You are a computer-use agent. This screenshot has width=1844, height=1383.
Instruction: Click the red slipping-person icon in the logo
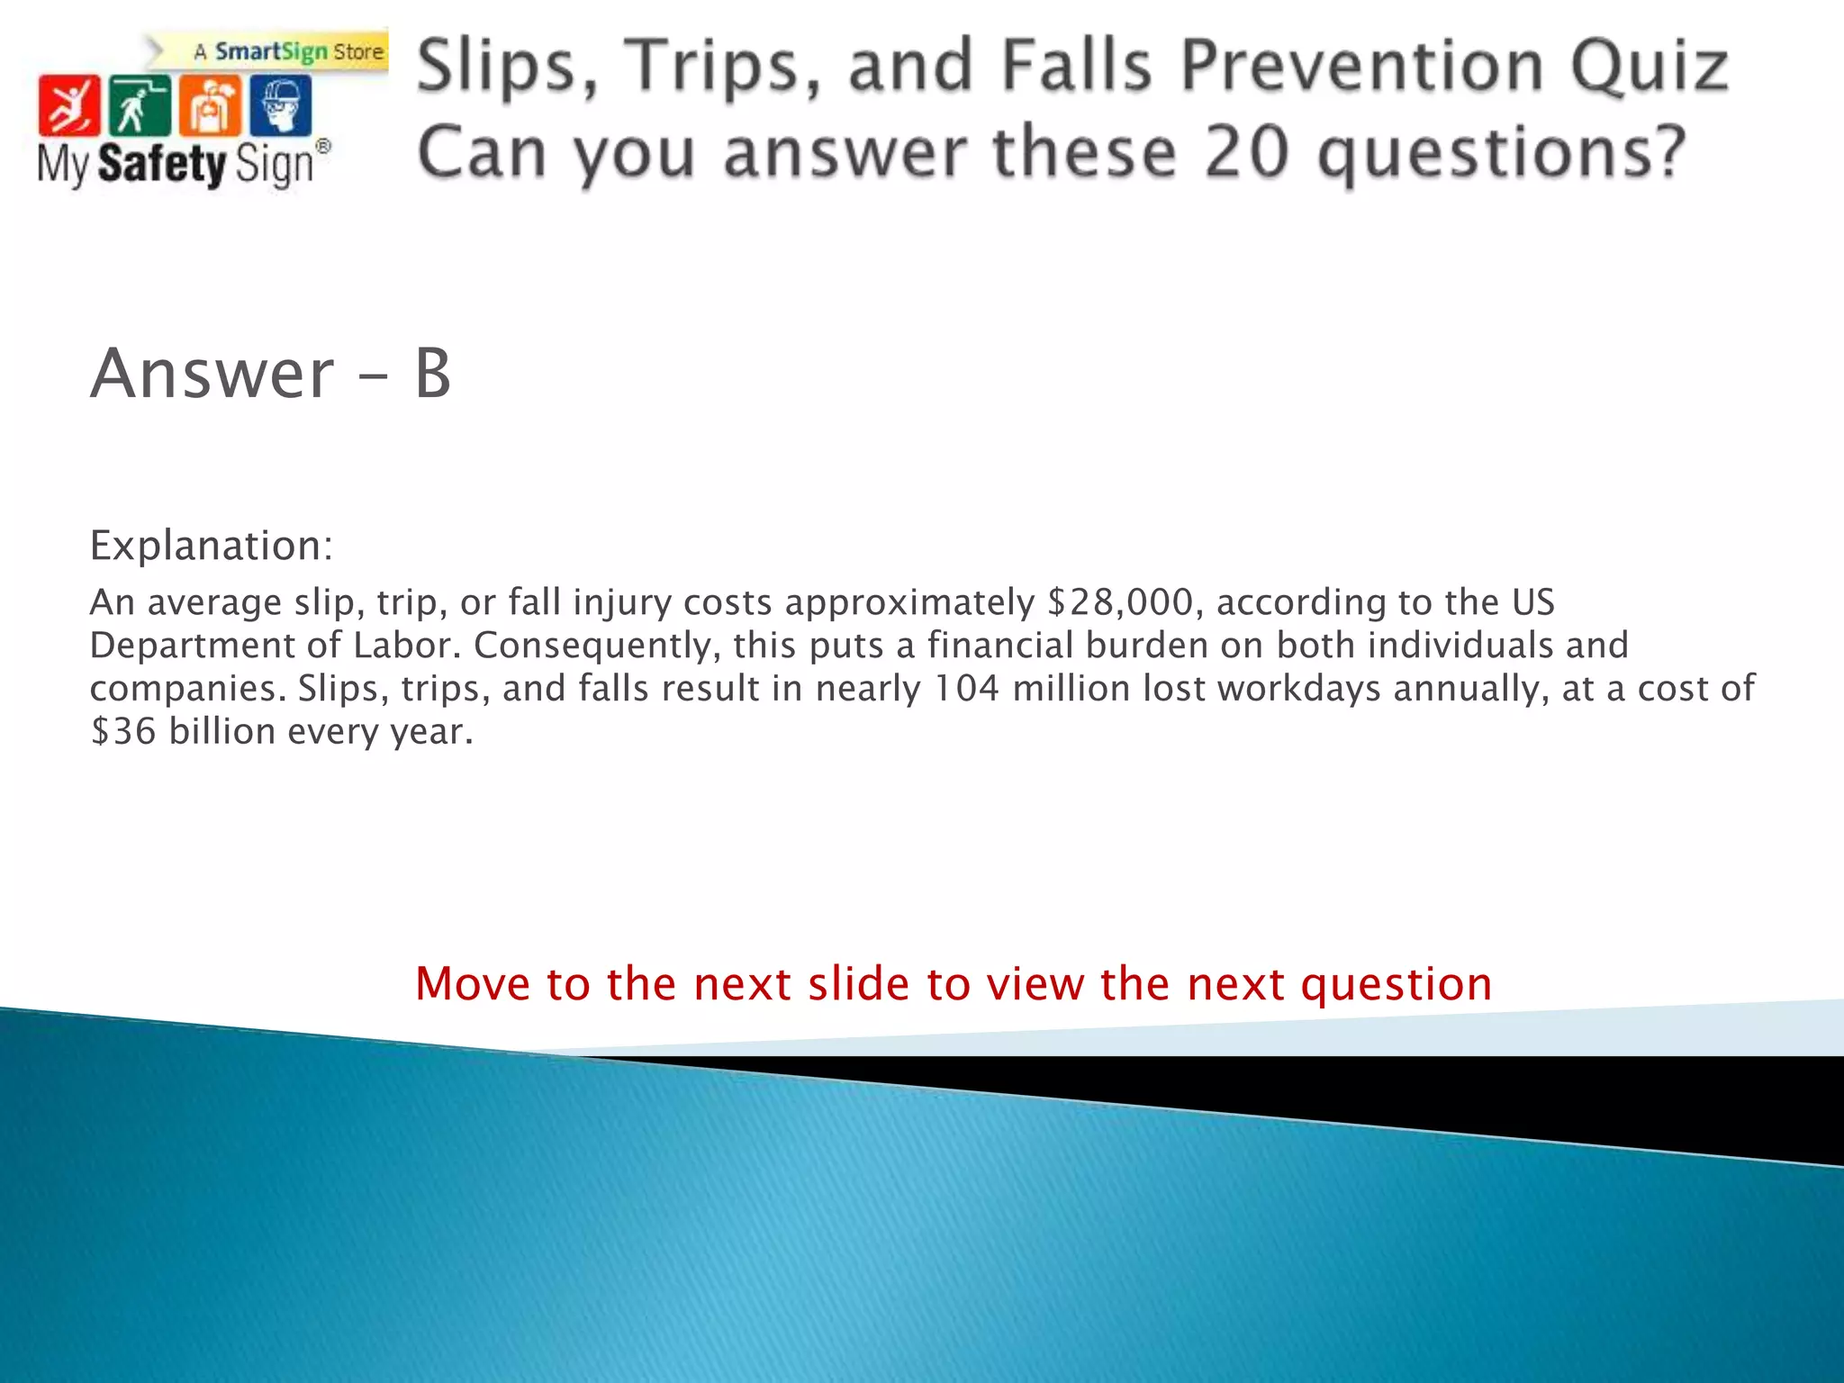click(x=68, y=105)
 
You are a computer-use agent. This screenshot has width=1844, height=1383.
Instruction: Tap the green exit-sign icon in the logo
click(x=139, y=105)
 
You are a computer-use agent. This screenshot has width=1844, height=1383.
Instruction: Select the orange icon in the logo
click(x=210, y=105)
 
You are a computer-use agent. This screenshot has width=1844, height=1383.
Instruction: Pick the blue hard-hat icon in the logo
click(x=280, y=105)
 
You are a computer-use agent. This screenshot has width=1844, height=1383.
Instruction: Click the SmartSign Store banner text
click(x=290, y=52)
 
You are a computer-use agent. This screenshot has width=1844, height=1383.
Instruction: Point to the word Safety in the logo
click(x=162, y=165)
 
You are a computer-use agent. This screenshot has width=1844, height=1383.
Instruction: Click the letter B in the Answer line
click(x=433, y=374)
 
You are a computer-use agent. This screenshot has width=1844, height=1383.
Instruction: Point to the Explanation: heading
click(x=212, y=546)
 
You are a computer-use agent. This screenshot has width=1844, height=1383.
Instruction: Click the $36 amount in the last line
click(x=123, y=732)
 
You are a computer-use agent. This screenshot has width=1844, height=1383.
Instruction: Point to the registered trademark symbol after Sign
click(x=323, y=147)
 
